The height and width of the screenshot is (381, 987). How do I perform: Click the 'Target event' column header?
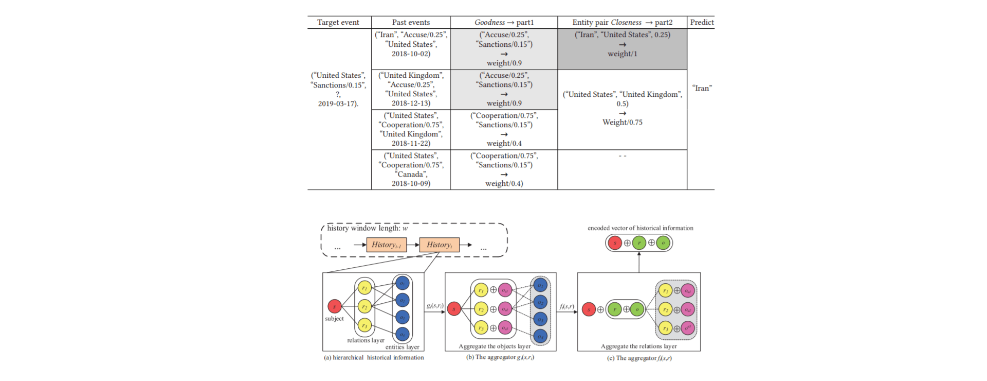point(338,22)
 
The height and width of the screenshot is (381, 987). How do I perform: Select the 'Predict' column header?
point(702,22)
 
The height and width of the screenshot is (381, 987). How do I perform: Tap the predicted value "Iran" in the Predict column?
point(702,88)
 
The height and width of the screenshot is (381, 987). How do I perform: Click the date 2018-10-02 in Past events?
point(411,54)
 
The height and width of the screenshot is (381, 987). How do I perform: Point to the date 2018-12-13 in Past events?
point(411,103)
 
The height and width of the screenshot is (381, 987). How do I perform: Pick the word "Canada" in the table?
point(411,174)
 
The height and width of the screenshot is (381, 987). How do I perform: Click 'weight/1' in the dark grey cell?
point(622,54)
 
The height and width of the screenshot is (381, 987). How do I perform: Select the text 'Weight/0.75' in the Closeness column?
point(622,122)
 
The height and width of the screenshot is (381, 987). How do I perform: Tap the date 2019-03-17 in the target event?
point(338,103)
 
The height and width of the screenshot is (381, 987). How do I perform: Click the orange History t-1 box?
point(387,245)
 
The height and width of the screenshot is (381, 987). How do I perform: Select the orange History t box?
point(440,245)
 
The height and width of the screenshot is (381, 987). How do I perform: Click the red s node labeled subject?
point(335,306)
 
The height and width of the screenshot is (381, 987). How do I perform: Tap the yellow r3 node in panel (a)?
point(364,325)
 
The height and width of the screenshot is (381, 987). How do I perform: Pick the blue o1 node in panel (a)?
point(403,283)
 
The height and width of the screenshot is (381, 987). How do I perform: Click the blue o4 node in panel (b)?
point(540,337)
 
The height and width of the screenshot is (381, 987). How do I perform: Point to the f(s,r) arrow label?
point(566,306)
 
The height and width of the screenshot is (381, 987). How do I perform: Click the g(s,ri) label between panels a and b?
point(434,306)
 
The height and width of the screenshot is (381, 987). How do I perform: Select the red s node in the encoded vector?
point(615,243)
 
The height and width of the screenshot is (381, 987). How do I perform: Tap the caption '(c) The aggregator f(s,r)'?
point(639,358)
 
